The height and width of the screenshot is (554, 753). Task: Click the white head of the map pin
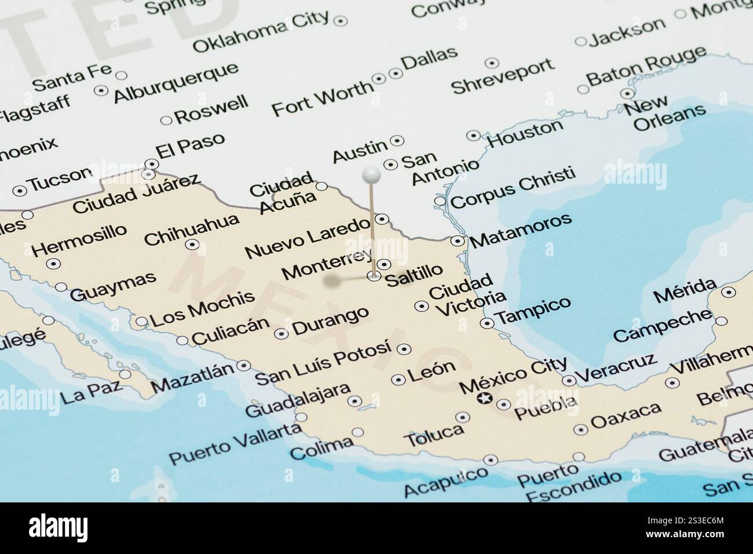point(371,174)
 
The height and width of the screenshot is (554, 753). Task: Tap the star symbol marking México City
point(484,398)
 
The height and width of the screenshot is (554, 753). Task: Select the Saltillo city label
point(414,274)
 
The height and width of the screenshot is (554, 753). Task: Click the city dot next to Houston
point(474,136)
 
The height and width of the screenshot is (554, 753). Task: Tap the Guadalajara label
point(298,400)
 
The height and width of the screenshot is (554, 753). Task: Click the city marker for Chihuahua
point(192,245)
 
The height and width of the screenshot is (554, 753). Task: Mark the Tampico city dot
point(487,323)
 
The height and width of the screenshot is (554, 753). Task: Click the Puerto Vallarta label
point(235,444)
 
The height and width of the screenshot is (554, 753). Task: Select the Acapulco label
point(445,482)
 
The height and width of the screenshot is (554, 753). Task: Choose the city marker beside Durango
point(282,334)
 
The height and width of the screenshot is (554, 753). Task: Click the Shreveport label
point(503,76)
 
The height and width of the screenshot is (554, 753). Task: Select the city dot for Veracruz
point(569,380)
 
